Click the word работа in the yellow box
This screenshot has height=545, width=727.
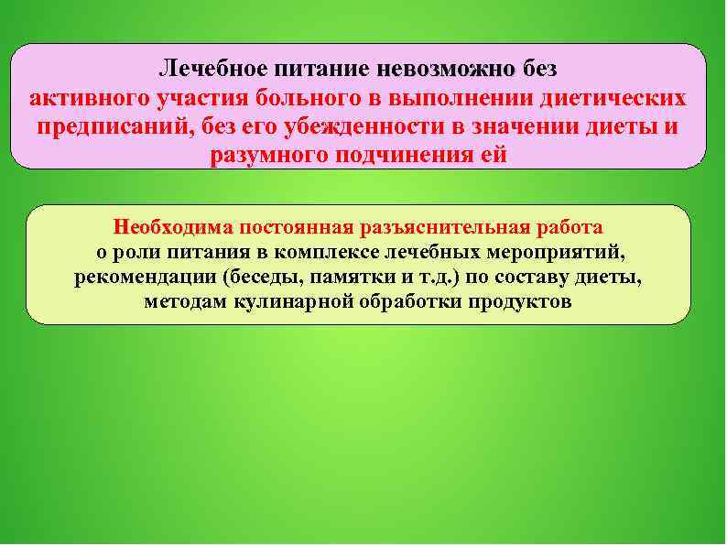(x=569, y=226)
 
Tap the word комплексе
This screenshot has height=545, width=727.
(x=372, y=252)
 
